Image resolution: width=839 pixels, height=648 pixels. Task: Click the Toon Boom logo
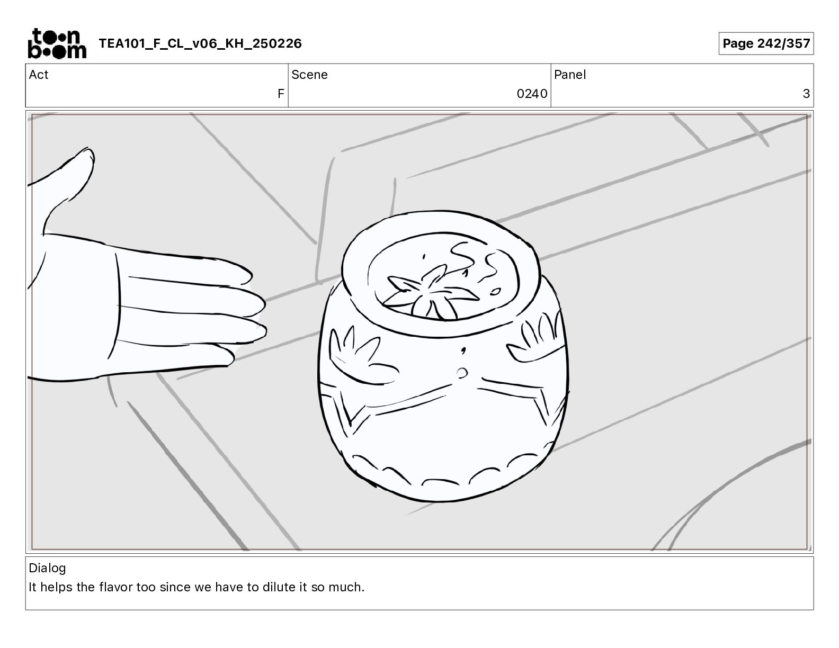click(x=57, y=43)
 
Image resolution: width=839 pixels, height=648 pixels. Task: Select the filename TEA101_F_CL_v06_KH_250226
click(x=200, y=43)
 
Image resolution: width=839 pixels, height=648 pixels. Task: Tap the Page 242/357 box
click(x=766, y=43)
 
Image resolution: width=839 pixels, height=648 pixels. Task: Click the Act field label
click(x=39, y=75)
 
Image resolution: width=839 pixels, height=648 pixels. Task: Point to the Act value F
click(x=281, y=93)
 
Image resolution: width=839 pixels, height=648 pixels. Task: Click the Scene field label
click(x=309, y=75)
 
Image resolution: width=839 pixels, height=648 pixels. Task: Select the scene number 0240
click(x=532, y=93)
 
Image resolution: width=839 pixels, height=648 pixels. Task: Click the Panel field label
click(x=569, y=75)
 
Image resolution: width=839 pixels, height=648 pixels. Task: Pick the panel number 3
click(x=806, y=93)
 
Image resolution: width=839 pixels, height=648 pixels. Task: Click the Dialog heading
click(x=47, y=568)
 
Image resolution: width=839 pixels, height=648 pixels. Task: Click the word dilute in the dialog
click(x=279, y=587)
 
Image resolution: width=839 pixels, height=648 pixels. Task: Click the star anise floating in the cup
click(x=431, y=292)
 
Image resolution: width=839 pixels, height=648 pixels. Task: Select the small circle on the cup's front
click(x=461, y=373)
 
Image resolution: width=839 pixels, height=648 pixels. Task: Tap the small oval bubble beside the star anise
click(x=495, y=291)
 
